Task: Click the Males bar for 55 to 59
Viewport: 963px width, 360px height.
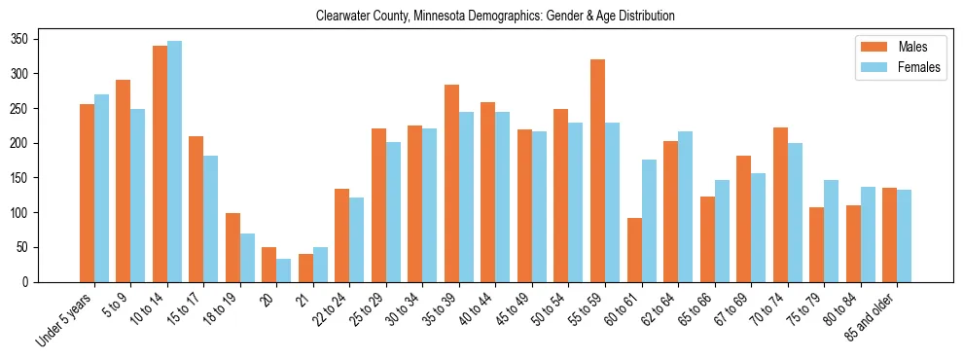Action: [597, 170]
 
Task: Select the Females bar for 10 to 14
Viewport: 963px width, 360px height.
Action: [174, 162]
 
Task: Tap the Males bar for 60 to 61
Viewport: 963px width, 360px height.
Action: [634, 250]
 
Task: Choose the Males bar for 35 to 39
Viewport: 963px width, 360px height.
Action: [451, 183]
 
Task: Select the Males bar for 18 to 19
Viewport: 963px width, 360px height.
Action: [232, 247]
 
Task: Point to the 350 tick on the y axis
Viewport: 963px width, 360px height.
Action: [38, 39]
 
